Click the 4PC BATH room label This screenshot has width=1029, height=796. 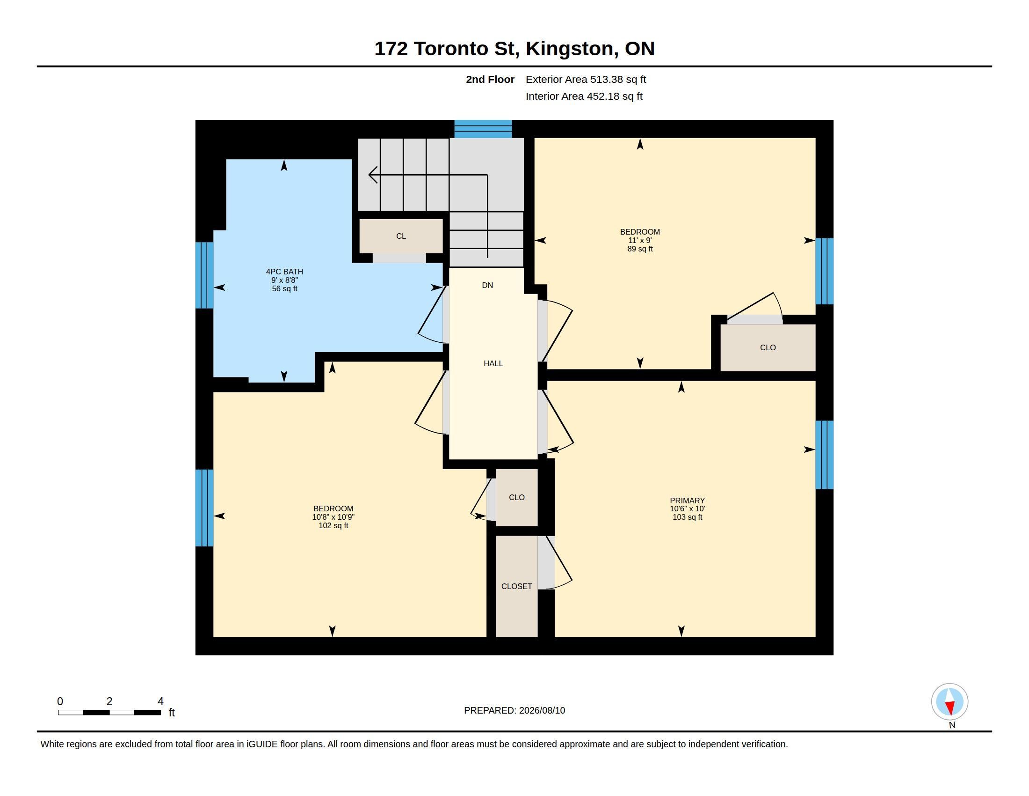pos(284,272)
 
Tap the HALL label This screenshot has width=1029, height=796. pos(493,363)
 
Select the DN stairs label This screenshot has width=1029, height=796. pos(488,285)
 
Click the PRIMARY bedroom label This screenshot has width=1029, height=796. pos(688,501)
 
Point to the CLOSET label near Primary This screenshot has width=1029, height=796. pos(517,586)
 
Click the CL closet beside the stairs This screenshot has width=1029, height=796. pos(401,236)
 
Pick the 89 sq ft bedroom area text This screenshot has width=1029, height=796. pos(640,249)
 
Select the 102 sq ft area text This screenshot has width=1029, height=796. pos(333,525)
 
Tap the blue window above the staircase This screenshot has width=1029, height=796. pos(483,129)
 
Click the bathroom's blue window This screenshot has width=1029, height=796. pos(204,275)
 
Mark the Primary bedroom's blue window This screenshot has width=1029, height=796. pos(825,455)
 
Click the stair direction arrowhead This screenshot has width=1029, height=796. pos(373,175)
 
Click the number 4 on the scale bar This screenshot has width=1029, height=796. pos(160,701)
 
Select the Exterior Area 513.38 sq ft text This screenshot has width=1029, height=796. pos(586,79)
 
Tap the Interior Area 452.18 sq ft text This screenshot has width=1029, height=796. pos(584,96)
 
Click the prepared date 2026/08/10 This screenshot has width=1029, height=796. pos(542,710)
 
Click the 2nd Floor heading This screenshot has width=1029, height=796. pos(490,79)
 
